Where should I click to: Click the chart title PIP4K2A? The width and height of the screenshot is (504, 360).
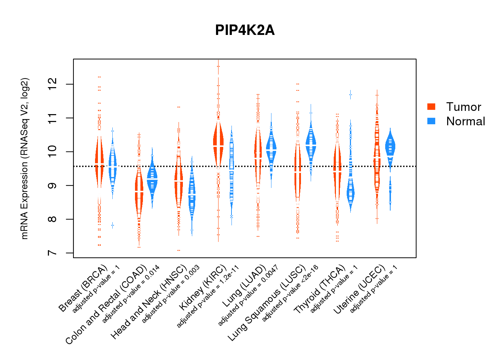point(245,30)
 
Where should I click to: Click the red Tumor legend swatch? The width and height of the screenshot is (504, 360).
point(431,107)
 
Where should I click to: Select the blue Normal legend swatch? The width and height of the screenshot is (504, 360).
point(431,121)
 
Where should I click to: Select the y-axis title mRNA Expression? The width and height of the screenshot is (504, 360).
point(24,158)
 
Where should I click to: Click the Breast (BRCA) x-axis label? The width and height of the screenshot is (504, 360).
point(83,288)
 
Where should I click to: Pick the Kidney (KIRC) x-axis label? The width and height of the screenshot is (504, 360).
point(203,288)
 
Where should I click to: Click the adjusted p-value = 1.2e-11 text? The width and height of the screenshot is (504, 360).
point(208,297)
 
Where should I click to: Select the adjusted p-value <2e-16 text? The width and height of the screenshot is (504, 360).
point(290,293)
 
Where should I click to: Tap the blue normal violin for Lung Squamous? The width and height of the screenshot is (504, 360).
point(311,144)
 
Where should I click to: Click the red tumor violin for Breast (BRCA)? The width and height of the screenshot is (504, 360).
point(99,162)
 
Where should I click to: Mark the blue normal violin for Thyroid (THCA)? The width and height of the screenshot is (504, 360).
point(350,193)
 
